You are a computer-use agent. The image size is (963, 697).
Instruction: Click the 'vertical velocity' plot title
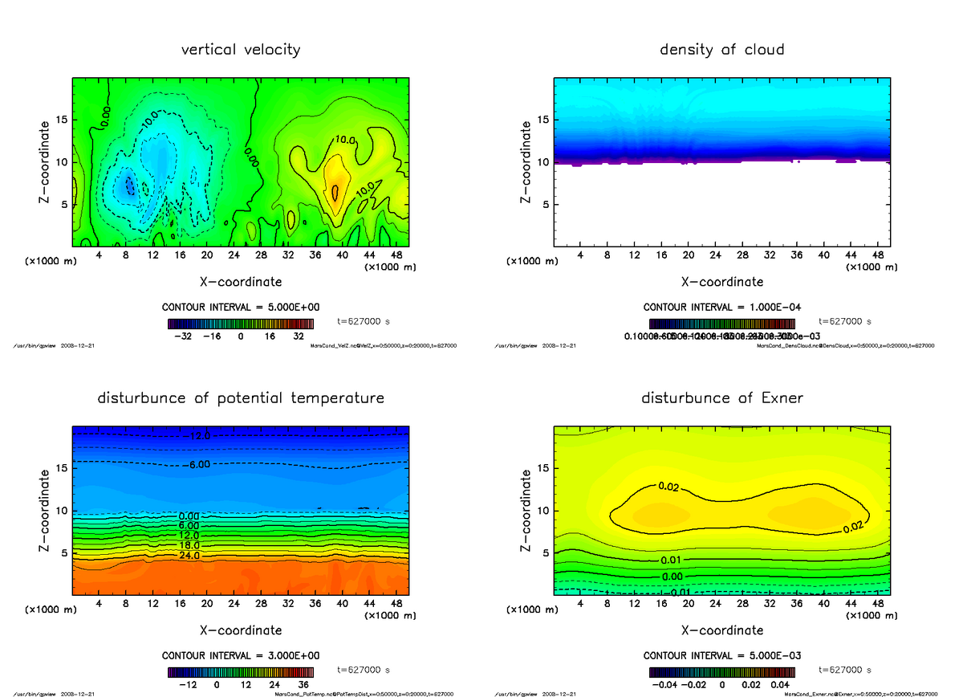[241, 50]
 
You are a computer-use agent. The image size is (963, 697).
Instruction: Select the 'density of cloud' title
[721, 50]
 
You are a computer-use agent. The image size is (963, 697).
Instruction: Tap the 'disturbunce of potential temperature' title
[241, 398]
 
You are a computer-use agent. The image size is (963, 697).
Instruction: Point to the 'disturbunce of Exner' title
[721, 398]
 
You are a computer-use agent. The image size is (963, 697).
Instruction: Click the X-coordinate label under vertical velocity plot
[241, 282]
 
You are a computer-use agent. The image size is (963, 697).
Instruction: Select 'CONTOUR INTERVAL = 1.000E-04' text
[723, 308]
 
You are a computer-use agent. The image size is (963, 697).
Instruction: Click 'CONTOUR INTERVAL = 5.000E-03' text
[723, 656]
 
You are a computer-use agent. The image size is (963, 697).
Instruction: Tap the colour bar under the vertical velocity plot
[241, 324]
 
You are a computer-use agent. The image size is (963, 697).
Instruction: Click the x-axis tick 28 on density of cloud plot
[743, 255]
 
